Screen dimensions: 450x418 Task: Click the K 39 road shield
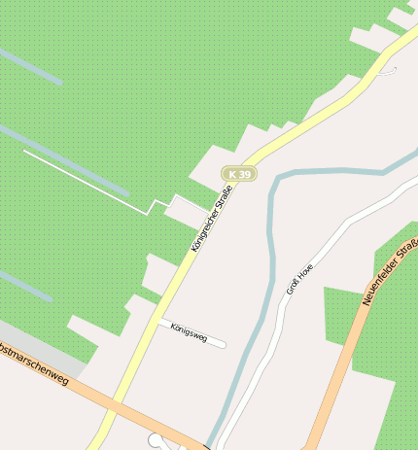239,174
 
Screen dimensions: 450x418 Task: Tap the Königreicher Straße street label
211,223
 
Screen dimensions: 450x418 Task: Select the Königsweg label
189,331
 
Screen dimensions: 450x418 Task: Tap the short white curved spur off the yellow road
390,69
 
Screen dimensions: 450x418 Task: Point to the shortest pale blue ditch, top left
29,65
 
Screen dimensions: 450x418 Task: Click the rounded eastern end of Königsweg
222,343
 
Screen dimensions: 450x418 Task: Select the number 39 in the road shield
245,174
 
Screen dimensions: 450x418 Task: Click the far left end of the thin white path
24,152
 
